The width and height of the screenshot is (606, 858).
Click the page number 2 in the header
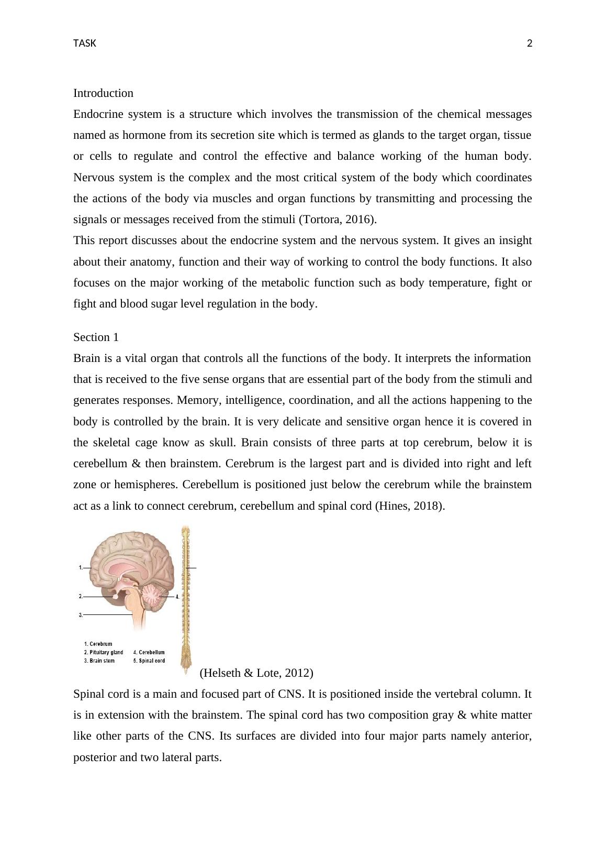click(529, 43)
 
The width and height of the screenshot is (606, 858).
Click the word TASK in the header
click(85, 43)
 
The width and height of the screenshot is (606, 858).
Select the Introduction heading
click(103, 93)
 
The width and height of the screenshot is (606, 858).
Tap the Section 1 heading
click(96, 337)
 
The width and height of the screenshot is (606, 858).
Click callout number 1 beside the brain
click(81, 567)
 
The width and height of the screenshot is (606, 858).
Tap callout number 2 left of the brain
click(81, 596)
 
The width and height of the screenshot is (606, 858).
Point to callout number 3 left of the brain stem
click(81, 615)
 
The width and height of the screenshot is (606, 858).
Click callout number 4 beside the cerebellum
click(177, 597)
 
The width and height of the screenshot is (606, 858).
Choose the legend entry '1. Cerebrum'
click(98, 644)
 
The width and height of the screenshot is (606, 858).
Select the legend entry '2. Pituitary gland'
click(104, 652)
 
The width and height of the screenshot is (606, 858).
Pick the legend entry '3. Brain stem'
click(99, 661)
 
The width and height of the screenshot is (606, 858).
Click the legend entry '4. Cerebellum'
click(149, 652)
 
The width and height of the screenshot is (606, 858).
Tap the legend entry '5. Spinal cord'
click(149, 661)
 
